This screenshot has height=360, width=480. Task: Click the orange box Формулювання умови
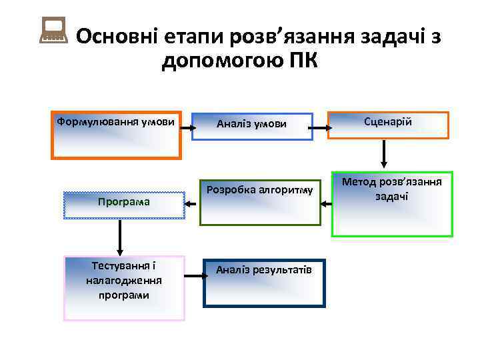[116, 135]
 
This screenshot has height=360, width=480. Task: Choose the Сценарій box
[388, 125]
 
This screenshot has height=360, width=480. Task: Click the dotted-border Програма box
[123, 205]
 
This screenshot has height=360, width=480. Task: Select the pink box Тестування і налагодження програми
[123, 287]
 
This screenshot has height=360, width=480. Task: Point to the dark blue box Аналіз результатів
[264, 283]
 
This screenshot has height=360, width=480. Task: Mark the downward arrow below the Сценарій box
[385, 155]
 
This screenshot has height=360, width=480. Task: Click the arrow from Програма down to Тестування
[120, 237]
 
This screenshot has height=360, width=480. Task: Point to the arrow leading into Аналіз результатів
[193, 275]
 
